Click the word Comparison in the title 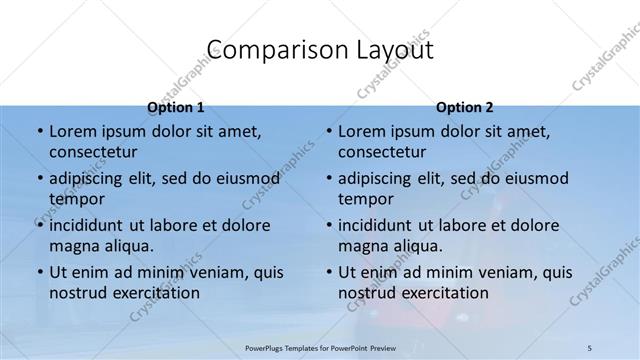pyautogui.click(x=266, y=49)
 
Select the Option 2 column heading pyautogui.click(x=464, y=107)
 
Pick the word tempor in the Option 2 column pyautogui.click(x=366, y=198)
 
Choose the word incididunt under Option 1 pyautogui.click(x=91, y=225)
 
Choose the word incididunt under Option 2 pyautogui.click(x=380, y=225)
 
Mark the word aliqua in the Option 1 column pyautogui.click(x=128, y=245)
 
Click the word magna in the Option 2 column pyautogui.click(x=362, y=245)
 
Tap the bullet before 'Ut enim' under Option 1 pyautogui.click(x=39, y=272)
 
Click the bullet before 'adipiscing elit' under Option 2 pyautogui.click(x=328, y=179)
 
